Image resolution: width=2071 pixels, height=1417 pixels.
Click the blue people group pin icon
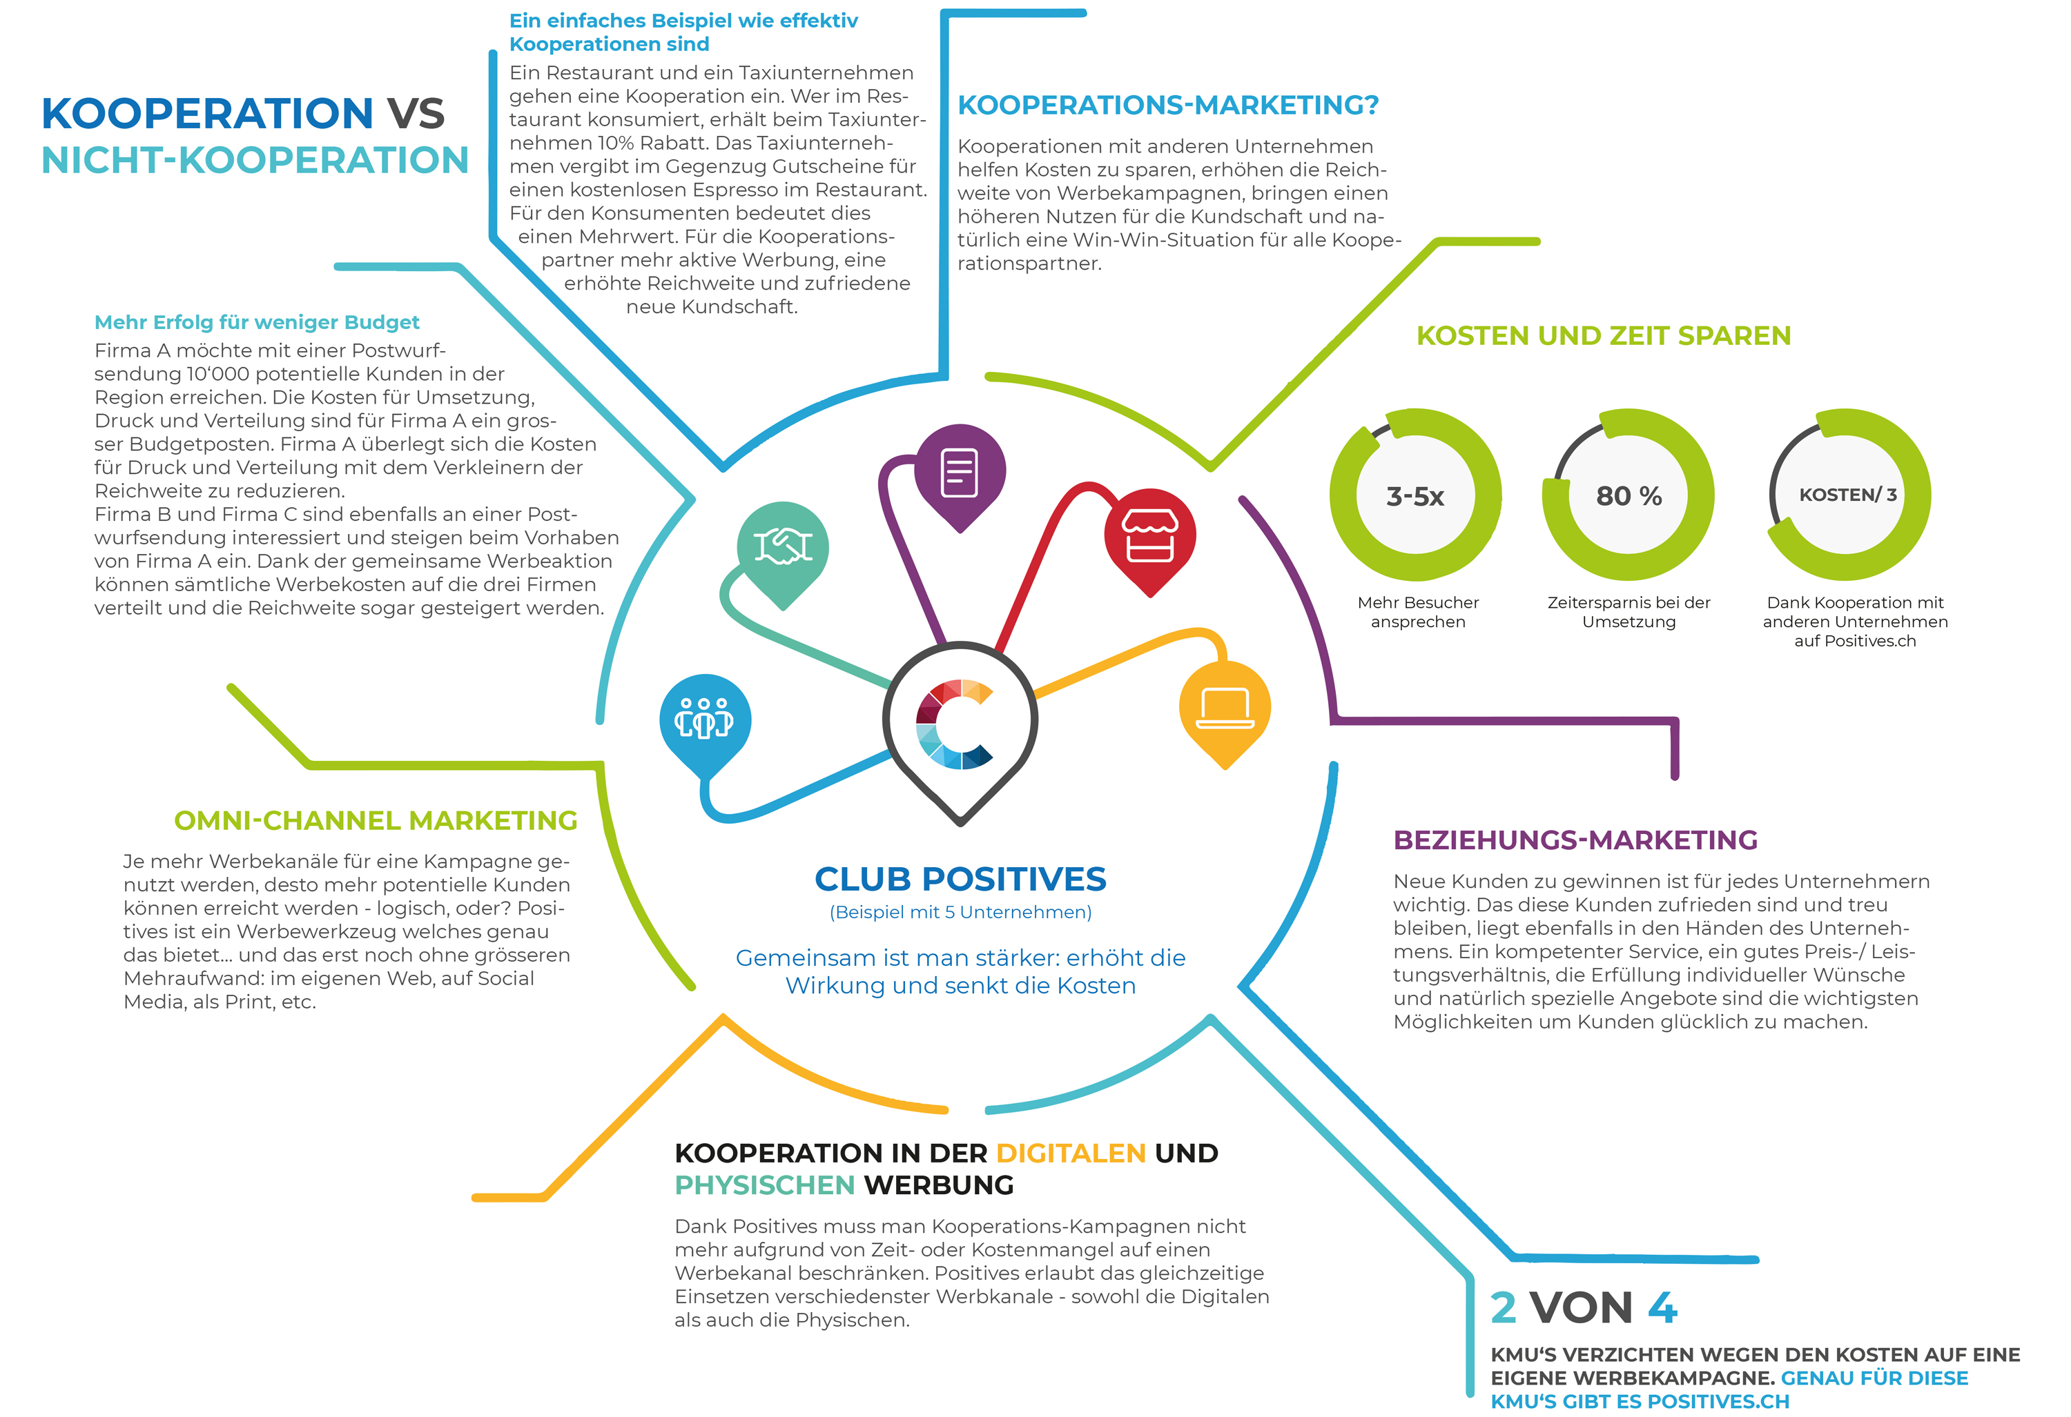click(x=705, y=722)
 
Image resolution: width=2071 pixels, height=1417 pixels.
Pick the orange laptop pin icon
click(x=1225, y=710)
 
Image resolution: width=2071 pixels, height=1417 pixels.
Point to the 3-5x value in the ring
click(x=1414, y=496)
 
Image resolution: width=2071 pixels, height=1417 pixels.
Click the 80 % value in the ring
click(x=1628, y=496)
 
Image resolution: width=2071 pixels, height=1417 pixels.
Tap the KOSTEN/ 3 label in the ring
click(x=1847, y=495)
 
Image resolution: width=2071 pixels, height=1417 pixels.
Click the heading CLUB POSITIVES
click(x=960, y=879)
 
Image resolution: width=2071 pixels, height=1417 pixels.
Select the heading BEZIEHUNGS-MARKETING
click(x=1575, y=840)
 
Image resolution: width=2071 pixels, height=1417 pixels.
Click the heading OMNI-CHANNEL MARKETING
click(x=375, y=820)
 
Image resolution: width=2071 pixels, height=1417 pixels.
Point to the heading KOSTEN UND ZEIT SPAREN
click(x=1602, y=336)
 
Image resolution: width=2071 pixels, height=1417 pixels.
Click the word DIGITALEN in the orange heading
click(x=1070, y=1153)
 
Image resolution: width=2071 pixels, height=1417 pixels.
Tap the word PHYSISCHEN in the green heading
click(x=765, y=1185)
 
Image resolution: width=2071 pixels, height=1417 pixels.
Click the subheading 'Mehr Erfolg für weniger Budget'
click(x=257, y=322)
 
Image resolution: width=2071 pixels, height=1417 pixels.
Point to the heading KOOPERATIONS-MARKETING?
click(x=1167, y=105)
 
